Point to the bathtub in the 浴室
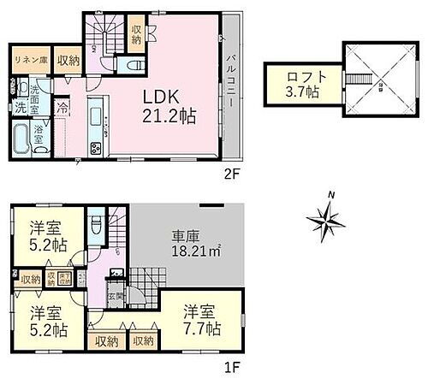[22, 139]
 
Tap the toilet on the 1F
[97, 228]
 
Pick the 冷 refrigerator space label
[62, 109]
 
